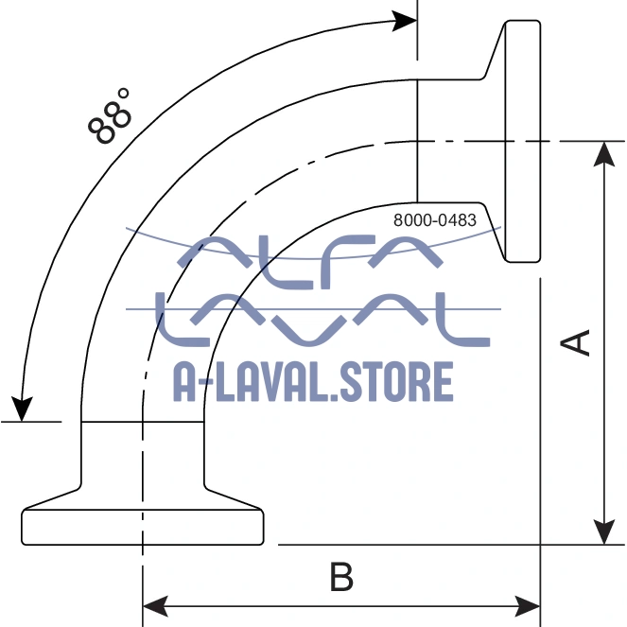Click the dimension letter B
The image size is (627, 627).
[x=341, y=577]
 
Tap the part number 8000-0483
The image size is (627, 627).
[x=434, y=220]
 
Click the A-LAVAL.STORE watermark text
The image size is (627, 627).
[x=313, y=381]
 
